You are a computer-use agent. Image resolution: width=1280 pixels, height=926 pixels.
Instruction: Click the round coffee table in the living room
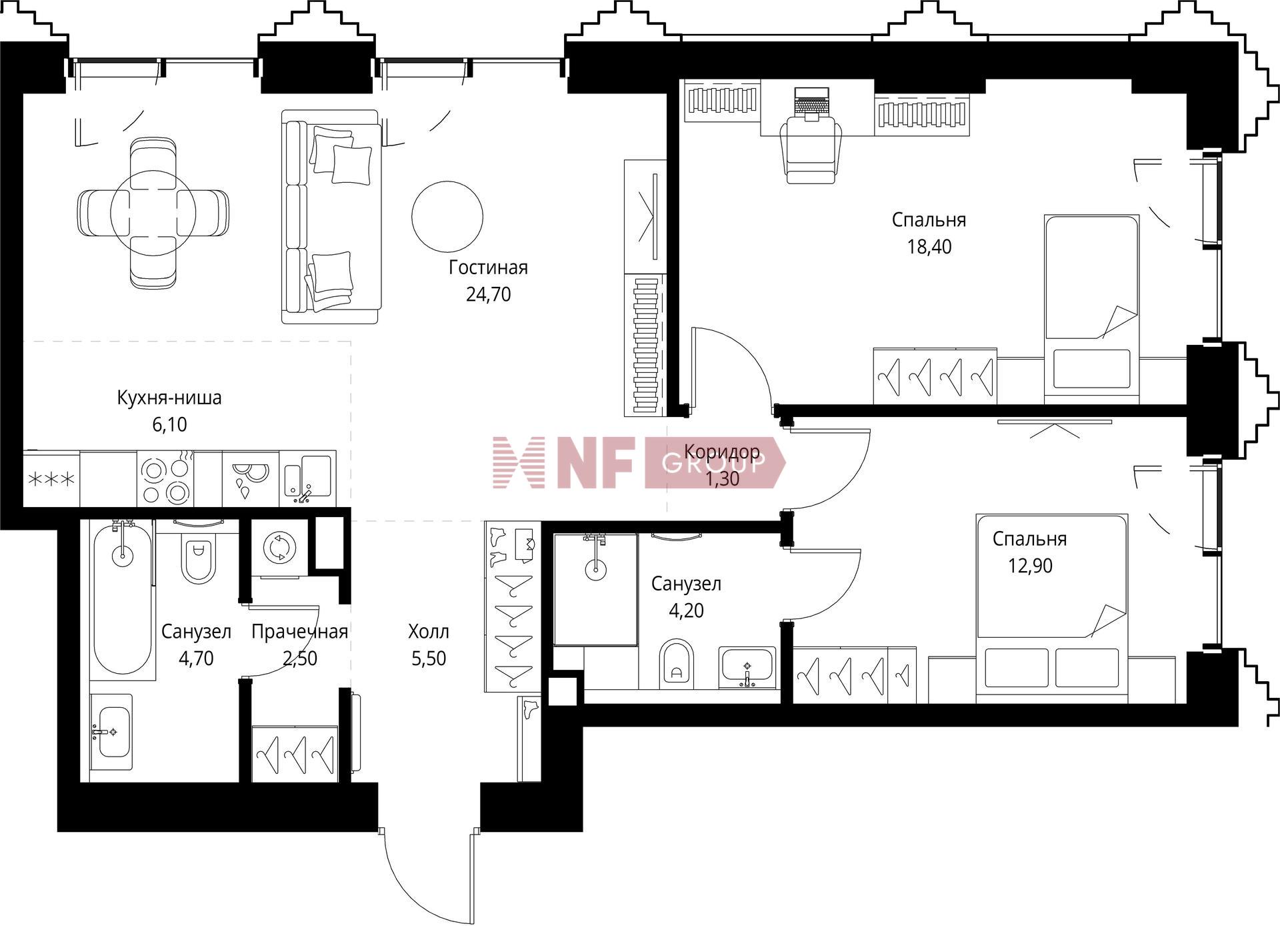pyautogui.click(x=447, y=215)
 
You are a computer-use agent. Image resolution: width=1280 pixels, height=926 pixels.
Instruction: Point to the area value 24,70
pyautogui.click(x=489, y=294)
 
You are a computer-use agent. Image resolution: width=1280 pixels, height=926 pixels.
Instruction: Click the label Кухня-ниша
pyautogui.click(x=169, y=398)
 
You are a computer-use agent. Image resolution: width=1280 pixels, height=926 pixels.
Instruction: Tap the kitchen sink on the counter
pyautogui.click(x=307, y=478)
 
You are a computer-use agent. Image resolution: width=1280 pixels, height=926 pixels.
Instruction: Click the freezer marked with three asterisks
pyautogui.click(x=51, y=479)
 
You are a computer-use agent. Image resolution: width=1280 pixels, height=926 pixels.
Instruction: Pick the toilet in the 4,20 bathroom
pyautogui.click(x=677, y=664)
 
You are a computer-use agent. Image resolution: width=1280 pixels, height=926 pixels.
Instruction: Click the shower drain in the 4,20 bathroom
pyautogui.click(x=595, y=569)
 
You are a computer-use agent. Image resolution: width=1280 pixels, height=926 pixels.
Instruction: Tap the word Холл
pyautogui.click(x=429, y=631)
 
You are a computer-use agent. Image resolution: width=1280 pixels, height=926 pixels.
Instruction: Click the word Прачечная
pyautogui.click(x=300, y=632)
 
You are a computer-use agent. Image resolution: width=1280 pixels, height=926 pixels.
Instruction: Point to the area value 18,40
pyautogui.click(x=929, y=247)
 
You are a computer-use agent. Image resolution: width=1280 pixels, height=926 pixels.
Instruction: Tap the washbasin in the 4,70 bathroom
pyautogui.click(x=111, y=733)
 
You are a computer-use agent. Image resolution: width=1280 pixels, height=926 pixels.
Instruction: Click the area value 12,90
pyautogui.click(x=1030, y=566)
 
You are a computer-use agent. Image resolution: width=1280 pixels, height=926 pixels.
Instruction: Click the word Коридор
pyautogui.click(x=722, y=452)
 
